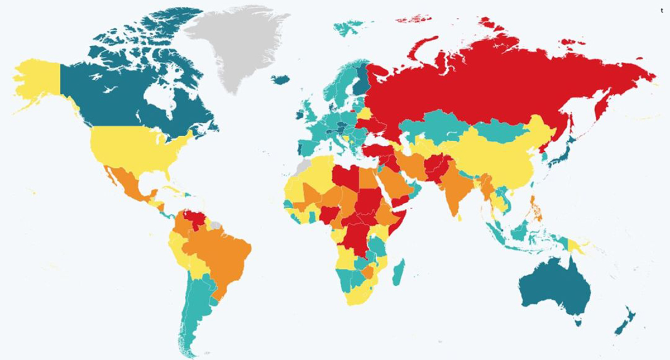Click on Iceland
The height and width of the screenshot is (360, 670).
(x=281, y=80)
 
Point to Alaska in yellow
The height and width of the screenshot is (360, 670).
(x=36, y=84)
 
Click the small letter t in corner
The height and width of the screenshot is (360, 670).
(x=662, y=10)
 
